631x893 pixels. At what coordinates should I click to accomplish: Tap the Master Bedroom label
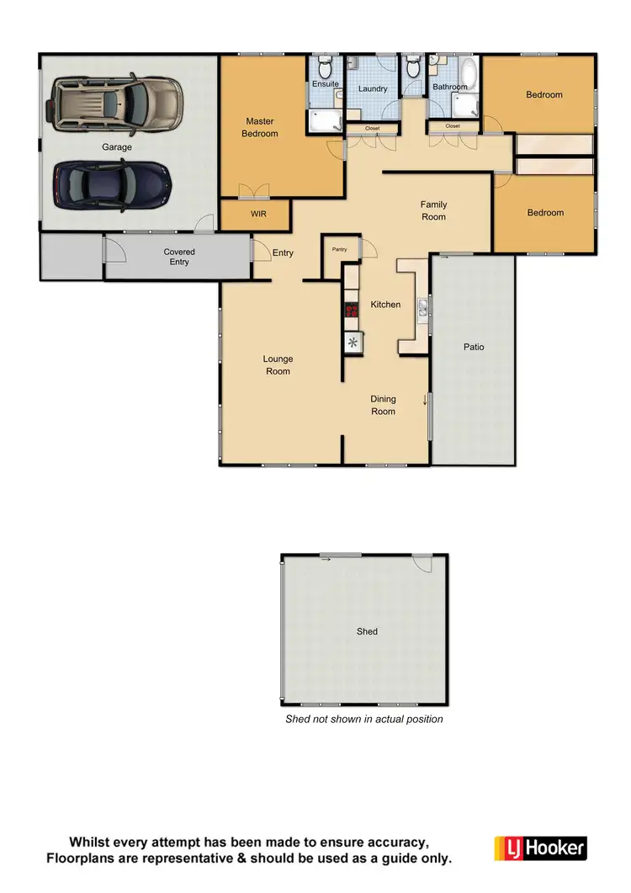coord(260,127)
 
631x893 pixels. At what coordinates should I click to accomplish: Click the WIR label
coord(258,215)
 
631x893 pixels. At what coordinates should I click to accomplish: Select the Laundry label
coord(372,88)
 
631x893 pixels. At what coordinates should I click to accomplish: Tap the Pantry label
coord(340,249)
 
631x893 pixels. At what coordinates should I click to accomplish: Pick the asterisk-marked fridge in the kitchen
coord(353,342)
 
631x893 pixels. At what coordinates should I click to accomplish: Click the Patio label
coord(474,347)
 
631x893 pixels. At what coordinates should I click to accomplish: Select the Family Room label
coord(434,210)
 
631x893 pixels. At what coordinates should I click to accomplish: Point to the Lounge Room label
coord(278,365)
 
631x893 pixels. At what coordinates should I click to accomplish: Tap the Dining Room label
coord(384,405)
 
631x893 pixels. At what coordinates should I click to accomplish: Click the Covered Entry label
coord(178,257)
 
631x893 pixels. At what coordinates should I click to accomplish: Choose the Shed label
coord(367,631)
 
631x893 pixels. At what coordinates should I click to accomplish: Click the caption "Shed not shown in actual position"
coord(363,719)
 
